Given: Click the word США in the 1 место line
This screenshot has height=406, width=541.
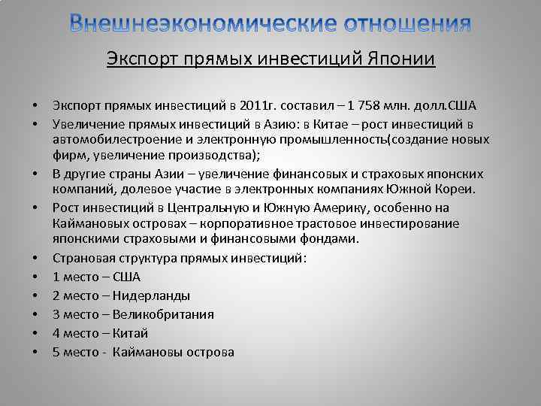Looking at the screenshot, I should (x=126, y=277).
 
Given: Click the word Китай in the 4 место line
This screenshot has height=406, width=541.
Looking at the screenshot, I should (x=131, y=333).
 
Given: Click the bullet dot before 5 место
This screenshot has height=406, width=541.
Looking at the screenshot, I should (x=35, y=352).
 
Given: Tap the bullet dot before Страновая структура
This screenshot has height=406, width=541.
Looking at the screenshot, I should (x=35, y=259).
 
